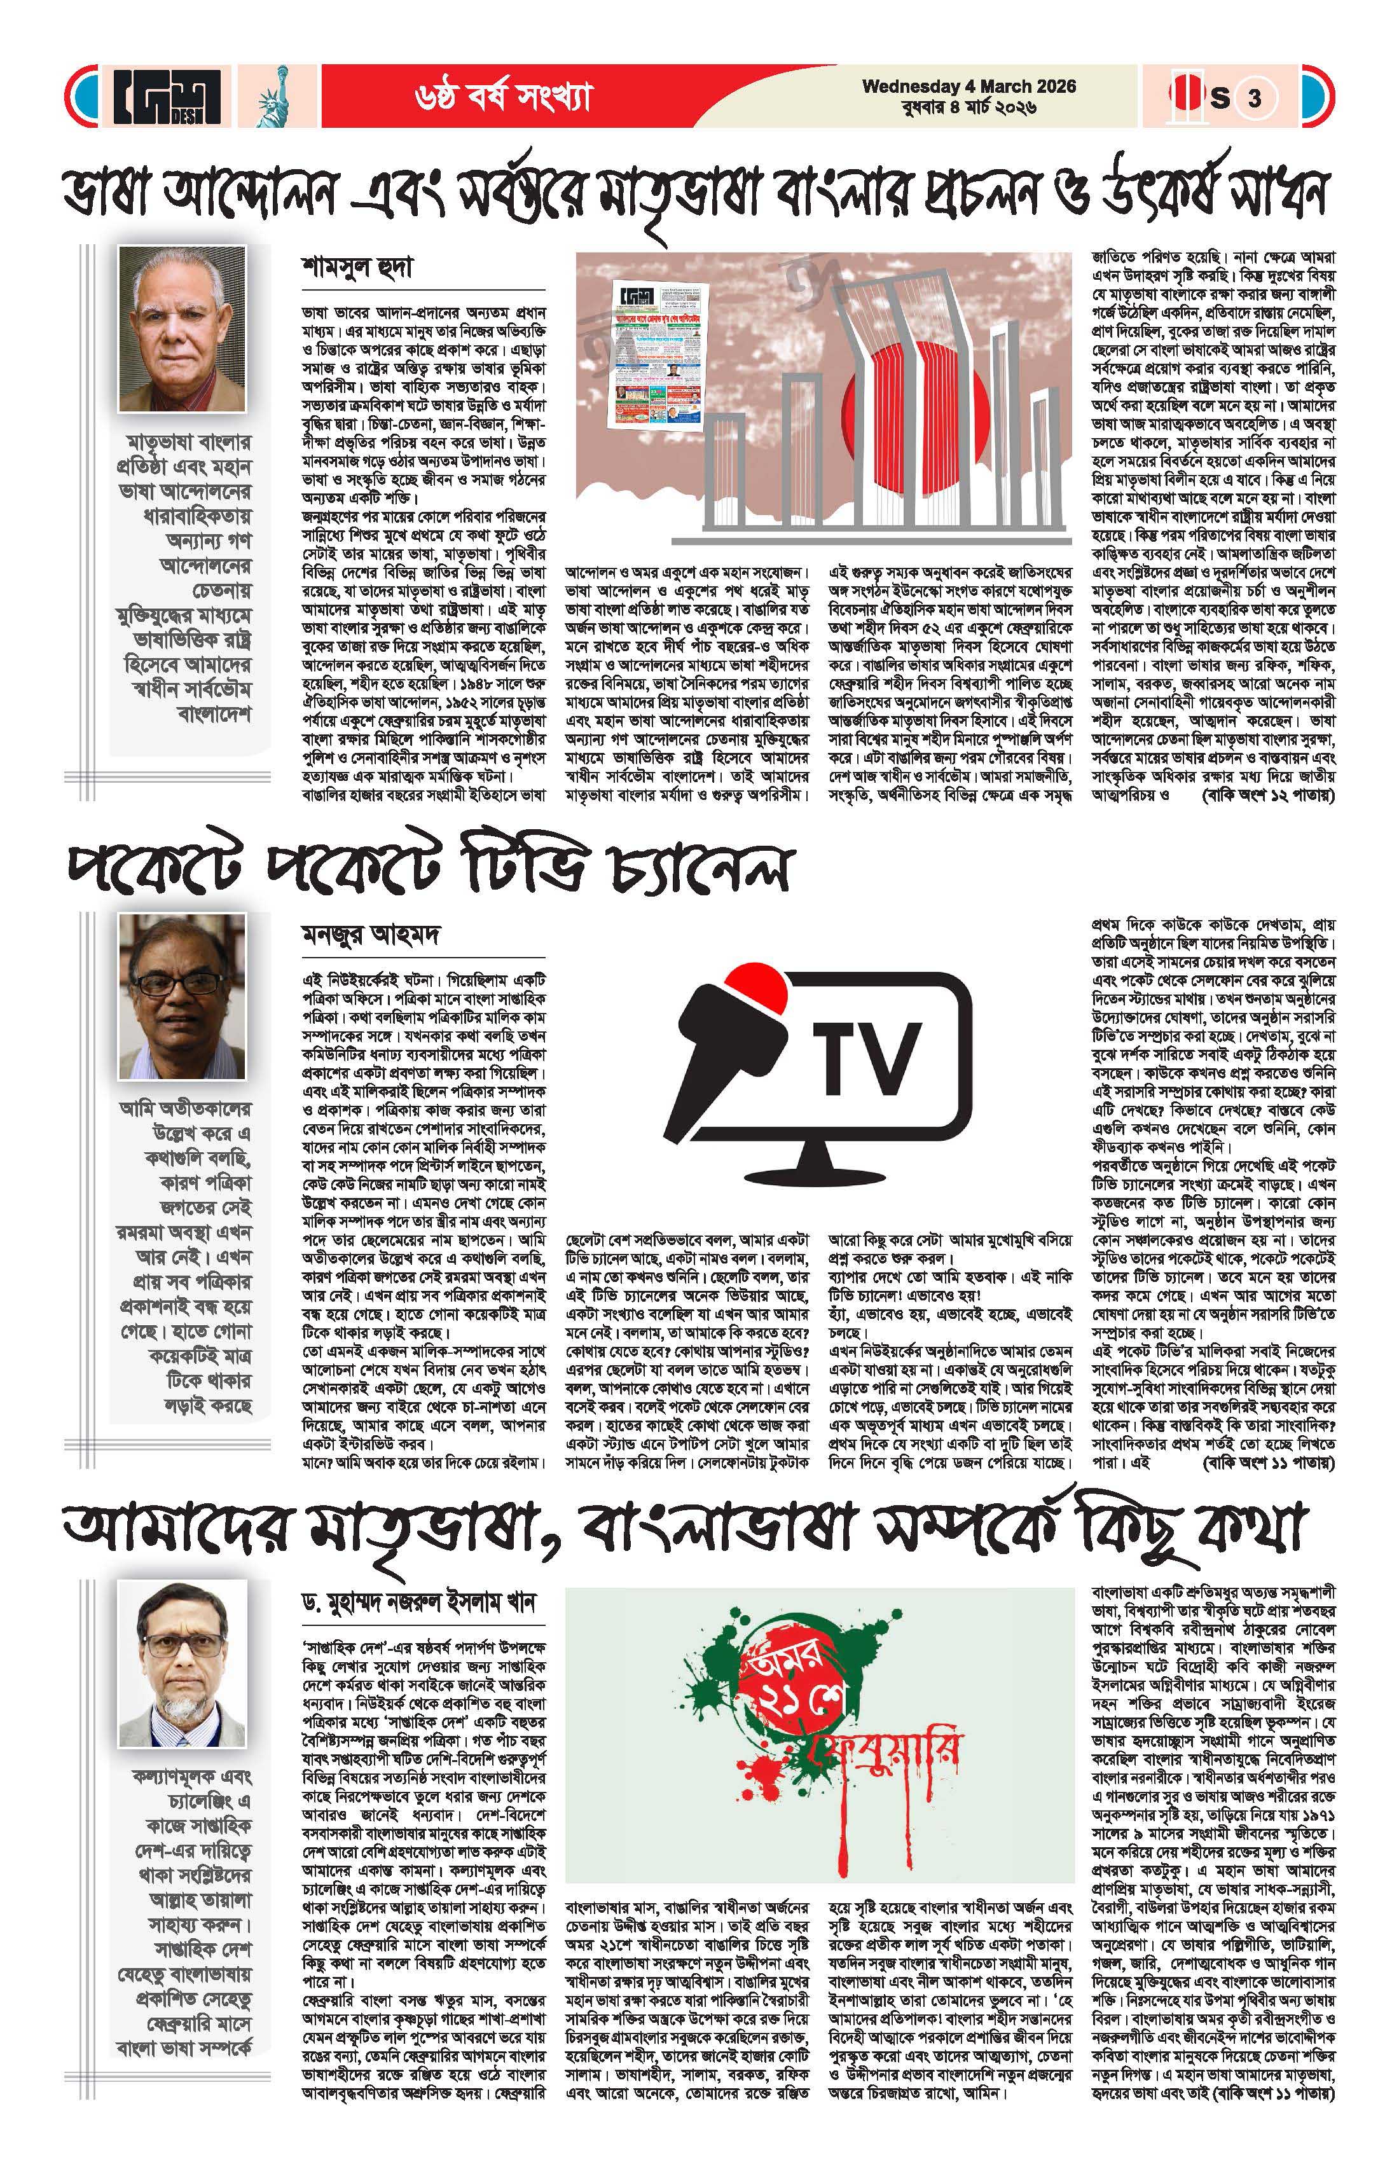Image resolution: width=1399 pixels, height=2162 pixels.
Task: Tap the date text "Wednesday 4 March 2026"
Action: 968,87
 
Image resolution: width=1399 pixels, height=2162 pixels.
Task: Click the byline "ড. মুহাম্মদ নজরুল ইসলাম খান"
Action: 420,1602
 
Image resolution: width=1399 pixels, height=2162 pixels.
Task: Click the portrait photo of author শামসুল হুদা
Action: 182,329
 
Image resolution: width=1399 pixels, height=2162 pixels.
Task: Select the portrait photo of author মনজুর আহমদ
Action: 182,996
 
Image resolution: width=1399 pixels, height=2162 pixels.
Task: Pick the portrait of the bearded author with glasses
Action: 183,1663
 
